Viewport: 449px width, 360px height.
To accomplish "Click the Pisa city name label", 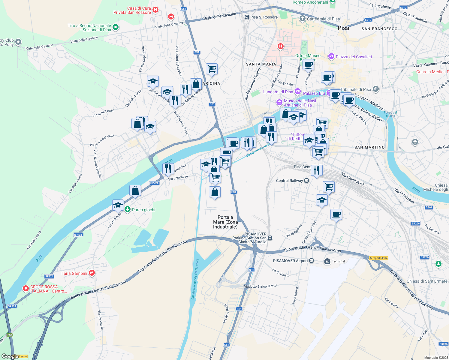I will (x=343, y=28).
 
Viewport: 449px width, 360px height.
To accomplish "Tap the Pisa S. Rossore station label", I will (x=264, y=17).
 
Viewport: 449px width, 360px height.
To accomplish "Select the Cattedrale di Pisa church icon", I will (x=303, y=19).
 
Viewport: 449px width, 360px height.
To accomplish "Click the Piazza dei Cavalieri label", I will (x=354, y=57).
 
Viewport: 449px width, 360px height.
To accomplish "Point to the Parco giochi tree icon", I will (x=128, y=209).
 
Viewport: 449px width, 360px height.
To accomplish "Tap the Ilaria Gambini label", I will (x=74, y=273).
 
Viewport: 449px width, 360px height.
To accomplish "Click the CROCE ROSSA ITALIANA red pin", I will (x=26, y=289).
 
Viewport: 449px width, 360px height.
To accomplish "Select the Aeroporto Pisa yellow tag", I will (x=378, y=258).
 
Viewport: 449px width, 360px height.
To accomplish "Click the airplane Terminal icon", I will (x=327, y=261).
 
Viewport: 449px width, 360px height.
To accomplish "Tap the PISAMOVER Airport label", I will (x=290, y=261).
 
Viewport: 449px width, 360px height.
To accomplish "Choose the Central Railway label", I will (x=289, y=181).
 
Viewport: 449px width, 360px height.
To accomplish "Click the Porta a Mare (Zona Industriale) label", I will (x=225, y=222).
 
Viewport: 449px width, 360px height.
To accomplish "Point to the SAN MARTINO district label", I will (x=369, y=147).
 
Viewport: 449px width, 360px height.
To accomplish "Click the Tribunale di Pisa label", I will (x=355, y=89).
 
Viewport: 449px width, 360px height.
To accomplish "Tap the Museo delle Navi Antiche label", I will (x=300, y=103).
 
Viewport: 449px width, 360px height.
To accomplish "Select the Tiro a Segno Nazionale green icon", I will (x=115, y=28).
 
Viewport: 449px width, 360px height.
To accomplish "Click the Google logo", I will (x=10, y=356).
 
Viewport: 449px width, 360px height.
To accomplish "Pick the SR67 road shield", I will (x=429, y=207).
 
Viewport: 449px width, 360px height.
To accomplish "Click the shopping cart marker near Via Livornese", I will (x=215, y=177).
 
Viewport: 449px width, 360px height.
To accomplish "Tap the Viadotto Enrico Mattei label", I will (x=260, y=286).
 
